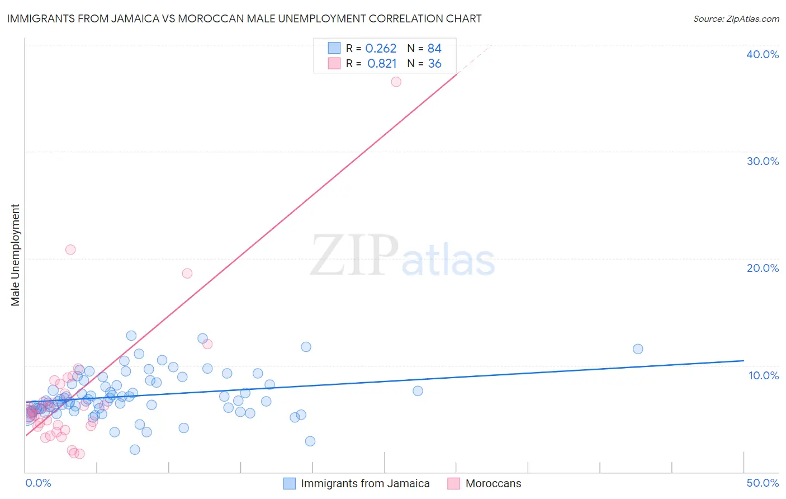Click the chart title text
point(244,19)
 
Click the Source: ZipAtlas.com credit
point(736,19)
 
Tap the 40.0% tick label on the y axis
point(763,54)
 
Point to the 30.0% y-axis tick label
point(763,161)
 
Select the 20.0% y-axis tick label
point(763,268)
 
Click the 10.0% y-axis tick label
point(764,375)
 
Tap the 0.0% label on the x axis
point(38,483)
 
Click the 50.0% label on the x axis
point(763,483)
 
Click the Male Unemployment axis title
point(16,255)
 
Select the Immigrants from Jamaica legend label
point(365,483)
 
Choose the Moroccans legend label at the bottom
point(493,483)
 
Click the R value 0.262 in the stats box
point(381,49)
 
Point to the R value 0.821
point(382,64)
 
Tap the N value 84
point(434,49)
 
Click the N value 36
point(434,64)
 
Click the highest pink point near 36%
point(396,82)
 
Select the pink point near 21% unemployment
point(70,249)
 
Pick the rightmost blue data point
point(638,349)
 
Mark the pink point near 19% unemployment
point(187,274)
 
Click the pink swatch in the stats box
point(334,63)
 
